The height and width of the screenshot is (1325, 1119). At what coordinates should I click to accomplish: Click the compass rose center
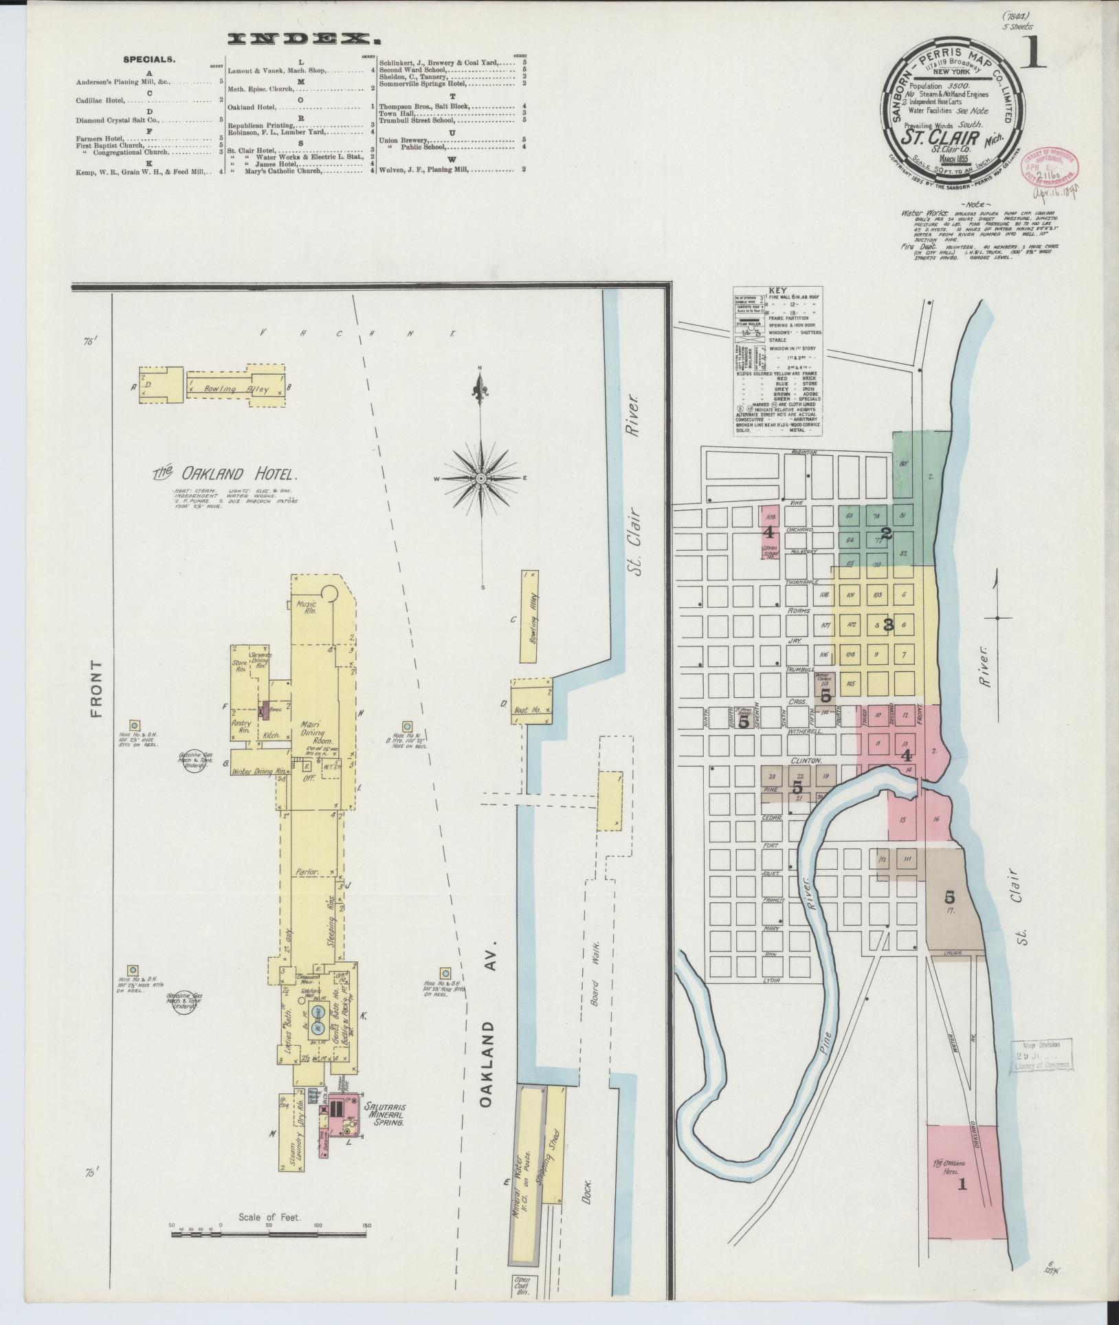coord(481,478)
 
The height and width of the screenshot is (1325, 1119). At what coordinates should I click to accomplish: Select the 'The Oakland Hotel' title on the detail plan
coord(225,474)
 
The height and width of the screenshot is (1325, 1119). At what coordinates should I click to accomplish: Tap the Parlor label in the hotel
coord(307,872)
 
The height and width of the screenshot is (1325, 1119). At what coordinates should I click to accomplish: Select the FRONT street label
coord(95,689)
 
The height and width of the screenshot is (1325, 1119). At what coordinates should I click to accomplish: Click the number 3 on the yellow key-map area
coord(888,625)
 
